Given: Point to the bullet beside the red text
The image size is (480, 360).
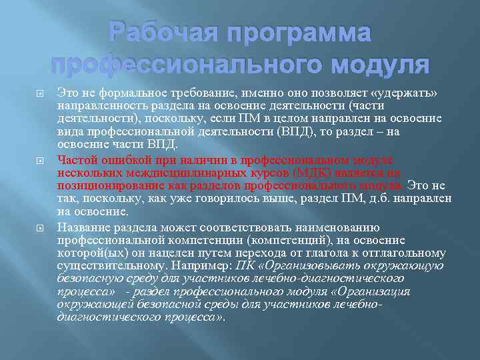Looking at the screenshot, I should coord(41,159).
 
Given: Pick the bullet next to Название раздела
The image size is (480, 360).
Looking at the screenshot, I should coord(41,227).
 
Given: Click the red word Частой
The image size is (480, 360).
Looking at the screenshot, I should coord(76,159).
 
